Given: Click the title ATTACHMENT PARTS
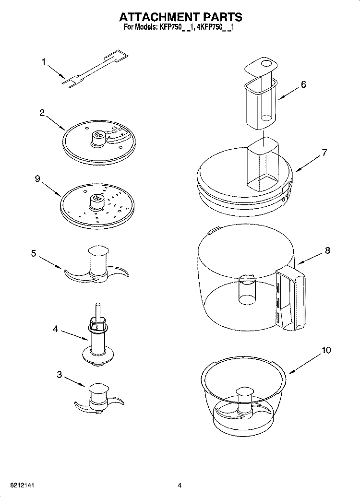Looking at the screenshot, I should click(180, 17).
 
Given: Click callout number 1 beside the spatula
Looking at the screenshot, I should click(44, 61).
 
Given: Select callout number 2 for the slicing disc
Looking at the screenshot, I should click(42, 113).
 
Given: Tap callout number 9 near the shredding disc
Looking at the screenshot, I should click(37, 178).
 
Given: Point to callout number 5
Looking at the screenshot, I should click(34, 253).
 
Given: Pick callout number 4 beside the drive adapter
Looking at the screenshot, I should click(56, 329).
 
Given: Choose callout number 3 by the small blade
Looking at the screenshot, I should click(60, 375).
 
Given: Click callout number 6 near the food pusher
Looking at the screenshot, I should click(303, 84).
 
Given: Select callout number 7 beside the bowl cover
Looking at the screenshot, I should click(324, 153).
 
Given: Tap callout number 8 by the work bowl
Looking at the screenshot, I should click(327, 250).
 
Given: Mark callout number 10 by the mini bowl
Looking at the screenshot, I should click(326, 350).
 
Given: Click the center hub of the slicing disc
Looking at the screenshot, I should click(99, 137).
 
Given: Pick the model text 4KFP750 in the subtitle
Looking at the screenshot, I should click(212, 27).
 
